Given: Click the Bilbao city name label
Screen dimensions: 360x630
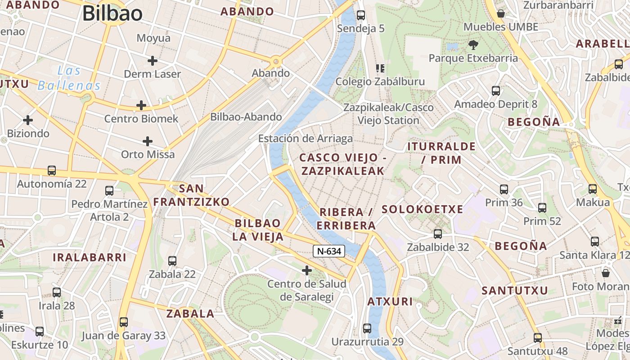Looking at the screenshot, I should pyautogui.click(x=112, y=13).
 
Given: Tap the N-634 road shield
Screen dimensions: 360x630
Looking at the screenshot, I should pyautogui.click(x=329, y=251).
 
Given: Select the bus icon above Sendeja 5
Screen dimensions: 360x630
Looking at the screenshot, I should pyautogui.click(x=361, y=15).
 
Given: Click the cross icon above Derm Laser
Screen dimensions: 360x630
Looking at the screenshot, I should pyautogui.click(x=153, y=60).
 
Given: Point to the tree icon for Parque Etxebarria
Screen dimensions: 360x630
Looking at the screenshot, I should pyautogui.click(x=473, y=45).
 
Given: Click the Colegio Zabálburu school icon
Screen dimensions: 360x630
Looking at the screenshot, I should pyautogui.click(x=380, y=68).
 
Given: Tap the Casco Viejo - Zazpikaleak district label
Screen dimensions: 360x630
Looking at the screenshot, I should pyautogui.click(x=343, y=164).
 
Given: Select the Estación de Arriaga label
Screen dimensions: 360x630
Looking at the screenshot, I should pyautogui.click(x=306, y=139).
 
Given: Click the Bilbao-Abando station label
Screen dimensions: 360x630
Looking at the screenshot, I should pyautogui.click(x=246, y=117).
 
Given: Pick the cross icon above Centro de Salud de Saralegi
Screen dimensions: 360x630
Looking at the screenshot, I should pyautogui.click(x=307, y=270).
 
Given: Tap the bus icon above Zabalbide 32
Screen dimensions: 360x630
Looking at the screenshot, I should pyautogui.click(x=438, y=234).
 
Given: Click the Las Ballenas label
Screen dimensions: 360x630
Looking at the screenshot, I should pyautogui.click(x=69, y=78).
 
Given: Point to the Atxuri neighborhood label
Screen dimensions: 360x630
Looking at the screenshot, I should pyautogui.click(x=390, y=301).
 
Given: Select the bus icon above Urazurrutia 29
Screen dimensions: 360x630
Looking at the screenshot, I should pyautogui.click(x=367, y=328).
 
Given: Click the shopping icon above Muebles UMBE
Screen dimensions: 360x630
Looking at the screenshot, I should pyautogui.click(x=501, y=13).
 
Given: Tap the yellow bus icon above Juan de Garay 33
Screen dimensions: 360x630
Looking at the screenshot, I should pyautogui.click(x=124, y=322).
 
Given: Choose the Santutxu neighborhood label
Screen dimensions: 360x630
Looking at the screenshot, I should pyautogui.click(x=515, y=291).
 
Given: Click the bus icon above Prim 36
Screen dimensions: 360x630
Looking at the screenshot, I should pyautogui.click(x=504, y=189).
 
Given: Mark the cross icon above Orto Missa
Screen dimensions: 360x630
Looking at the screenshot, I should pyautogui.click(x=148, y=141).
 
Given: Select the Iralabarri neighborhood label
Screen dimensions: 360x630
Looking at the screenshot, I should pyautogui.click(x=90, y=257).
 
